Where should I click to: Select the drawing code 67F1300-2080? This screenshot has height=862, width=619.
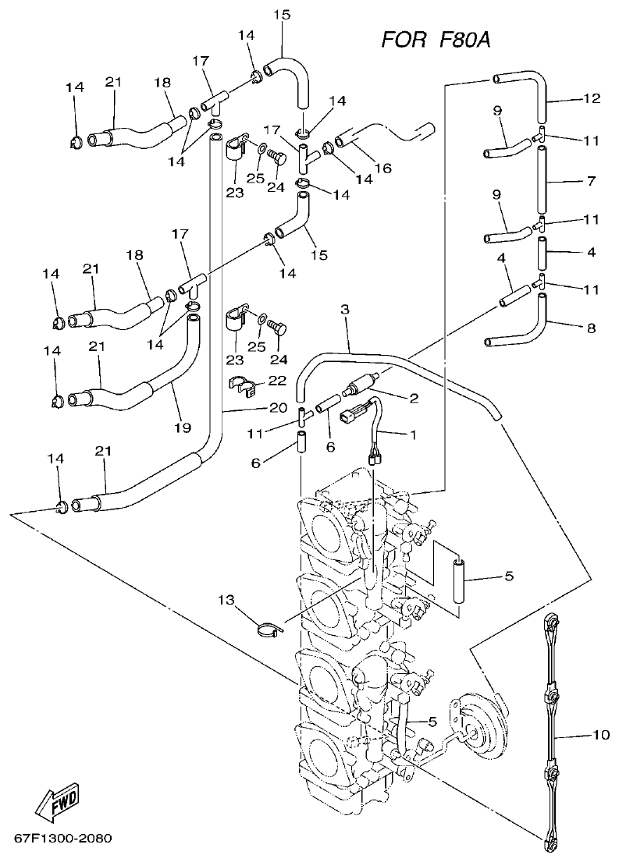[x=62, y=839]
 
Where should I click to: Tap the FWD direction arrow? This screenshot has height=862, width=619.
[x=56, y=800]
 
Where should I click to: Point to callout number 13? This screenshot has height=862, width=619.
[x=226, y=600]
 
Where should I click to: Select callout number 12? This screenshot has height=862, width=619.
[x=592, y=98]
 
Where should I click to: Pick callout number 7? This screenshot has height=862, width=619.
[x=591, y=180]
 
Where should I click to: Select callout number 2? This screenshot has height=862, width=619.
[x=413, y=398]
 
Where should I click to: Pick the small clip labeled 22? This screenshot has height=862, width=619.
[x=244, y=385]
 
